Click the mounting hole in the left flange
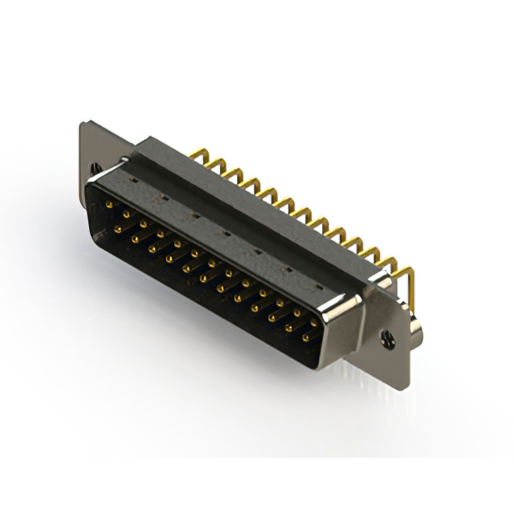(x=97, y=168)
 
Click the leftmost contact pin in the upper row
(x=108, y=206)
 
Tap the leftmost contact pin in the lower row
(x=118, y=229)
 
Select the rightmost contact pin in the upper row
(x=314, y=321)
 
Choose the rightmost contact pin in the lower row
(x=306, y=337)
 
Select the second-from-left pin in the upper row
(x=126, y=215)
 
